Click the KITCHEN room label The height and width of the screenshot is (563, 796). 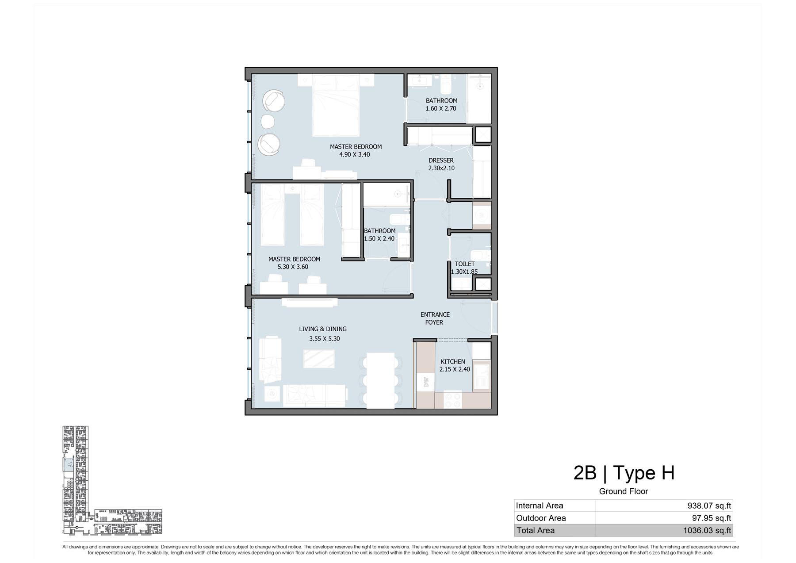point(453,361)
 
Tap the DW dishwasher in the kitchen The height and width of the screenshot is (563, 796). point(426,382)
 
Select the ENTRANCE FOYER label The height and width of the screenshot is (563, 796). point(435,318)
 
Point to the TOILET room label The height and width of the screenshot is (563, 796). point(465,264)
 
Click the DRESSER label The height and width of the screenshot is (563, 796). point(441,161)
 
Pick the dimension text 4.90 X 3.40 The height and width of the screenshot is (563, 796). point(355,154)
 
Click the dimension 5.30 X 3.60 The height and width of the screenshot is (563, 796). point(293,267)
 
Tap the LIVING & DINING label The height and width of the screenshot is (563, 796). point(323,329)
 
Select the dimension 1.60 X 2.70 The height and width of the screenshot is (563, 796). point(441,108)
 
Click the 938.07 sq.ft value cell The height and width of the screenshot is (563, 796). point(709,506)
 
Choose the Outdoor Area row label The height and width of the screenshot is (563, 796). point(541,518)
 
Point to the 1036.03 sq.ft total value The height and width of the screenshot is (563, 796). point(707,530)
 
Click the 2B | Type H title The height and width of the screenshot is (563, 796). point(624,473)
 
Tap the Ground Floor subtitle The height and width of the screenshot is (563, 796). point(624,491)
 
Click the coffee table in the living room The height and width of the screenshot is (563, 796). point(319,359)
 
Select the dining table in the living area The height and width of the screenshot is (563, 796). point(381,380)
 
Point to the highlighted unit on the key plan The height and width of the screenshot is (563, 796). point(68,464)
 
